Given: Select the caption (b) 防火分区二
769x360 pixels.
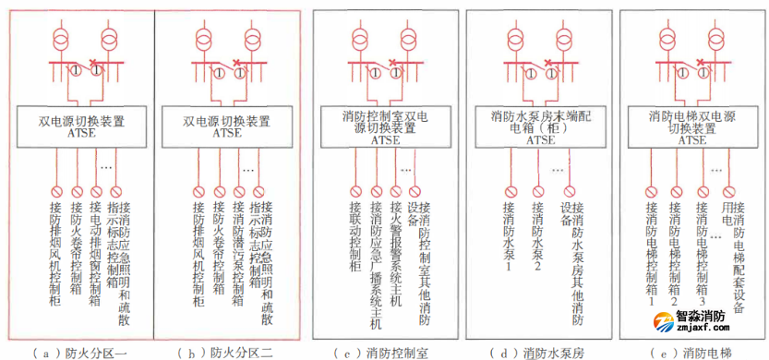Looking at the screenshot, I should coord(226,352).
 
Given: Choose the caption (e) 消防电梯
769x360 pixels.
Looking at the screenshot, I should coord(691,352).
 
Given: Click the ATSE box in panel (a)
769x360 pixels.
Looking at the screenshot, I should coord(80,126).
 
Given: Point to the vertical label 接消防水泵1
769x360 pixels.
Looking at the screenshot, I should coord(508,235).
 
